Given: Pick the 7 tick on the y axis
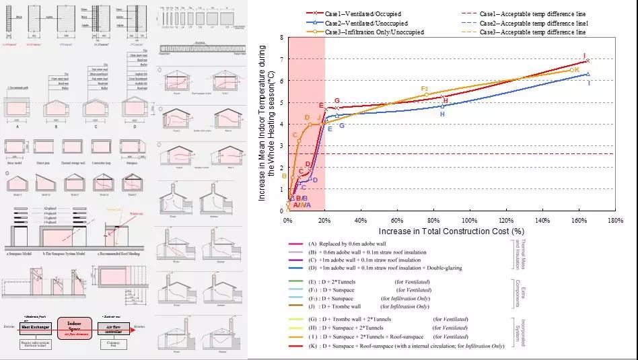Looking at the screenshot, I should pos(281,59).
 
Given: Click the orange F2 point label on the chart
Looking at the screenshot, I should pos(424,89).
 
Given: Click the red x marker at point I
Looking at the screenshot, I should pos(588,61).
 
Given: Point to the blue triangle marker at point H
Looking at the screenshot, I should pos(442,106).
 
